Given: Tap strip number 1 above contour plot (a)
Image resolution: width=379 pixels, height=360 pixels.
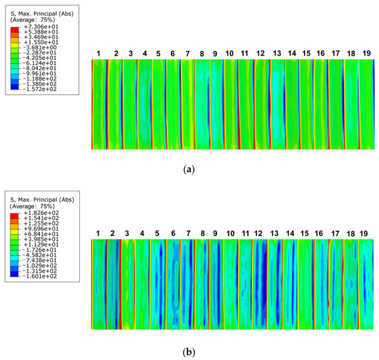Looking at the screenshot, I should pos(99,53).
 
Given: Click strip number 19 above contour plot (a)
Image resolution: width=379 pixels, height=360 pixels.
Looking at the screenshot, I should pos(366,53).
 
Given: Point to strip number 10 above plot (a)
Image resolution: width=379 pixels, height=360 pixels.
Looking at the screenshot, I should pos(230,53).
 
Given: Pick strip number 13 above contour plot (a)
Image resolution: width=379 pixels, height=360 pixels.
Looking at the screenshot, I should pos(276,53).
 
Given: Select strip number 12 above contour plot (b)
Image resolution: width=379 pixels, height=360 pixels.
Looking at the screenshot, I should pos(259,234).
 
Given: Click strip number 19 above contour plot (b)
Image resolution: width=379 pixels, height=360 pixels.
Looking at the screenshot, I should pos(366,234).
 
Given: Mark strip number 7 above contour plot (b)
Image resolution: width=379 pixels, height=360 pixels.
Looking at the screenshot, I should pos(188,234).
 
